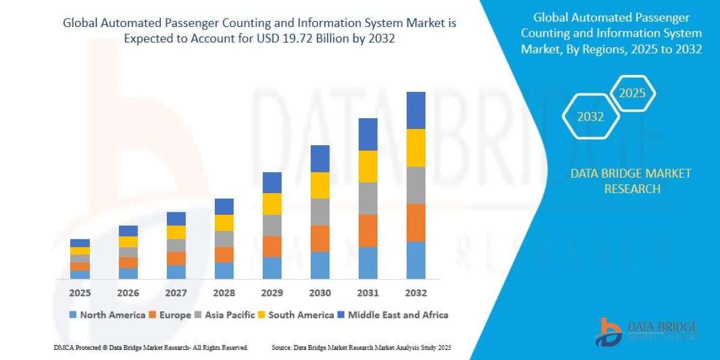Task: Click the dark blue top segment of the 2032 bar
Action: click(x=416, y=110)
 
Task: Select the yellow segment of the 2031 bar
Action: click(x=368, y=166)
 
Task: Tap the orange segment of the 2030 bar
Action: click(x=320, y=238)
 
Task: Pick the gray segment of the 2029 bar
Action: click(x=272, y=225)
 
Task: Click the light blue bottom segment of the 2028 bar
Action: click(x=224, y=271)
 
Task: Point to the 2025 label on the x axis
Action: click(x=80, y=293)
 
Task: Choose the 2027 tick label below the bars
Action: click(x=176, y=293)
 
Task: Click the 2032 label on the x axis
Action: click(x=416, y=293)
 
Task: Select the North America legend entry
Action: click(x=107, y=314)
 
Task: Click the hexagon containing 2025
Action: click(x=632, y=94)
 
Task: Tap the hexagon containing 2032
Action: click(x=590, y=117)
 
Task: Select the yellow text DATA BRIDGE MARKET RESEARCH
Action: click(x=631, y=181)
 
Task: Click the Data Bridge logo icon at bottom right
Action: click(x=609, y=331)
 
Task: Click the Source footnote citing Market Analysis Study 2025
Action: click(x=361, y=347)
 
